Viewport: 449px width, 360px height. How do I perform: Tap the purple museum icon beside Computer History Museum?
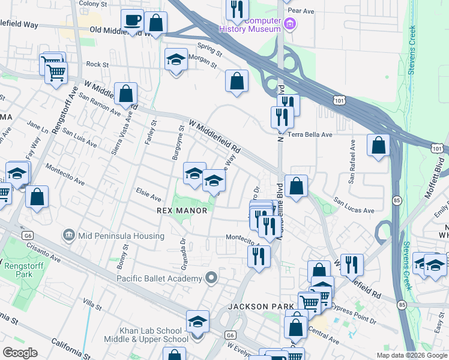[290, 25]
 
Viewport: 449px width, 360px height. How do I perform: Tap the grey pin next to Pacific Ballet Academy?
[211, 278]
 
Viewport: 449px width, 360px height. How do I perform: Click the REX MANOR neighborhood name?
[182, 211]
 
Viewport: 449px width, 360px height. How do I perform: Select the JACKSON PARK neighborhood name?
[256, 307]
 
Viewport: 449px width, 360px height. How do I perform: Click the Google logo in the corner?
[20, 352]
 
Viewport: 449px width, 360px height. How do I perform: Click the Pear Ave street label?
[301, 11]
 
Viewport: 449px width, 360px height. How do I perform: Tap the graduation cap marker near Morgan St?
[176, 61]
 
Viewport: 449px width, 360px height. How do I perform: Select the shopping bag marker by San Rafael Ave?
[378, 146]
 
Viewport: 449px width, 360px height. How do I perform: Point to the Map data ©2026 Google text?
[411, 355]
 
